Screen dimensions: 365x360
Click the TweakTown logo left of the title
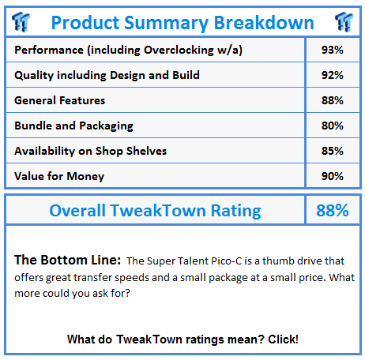(x=21, y=22)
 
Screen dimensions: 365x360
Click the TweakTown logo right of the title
(x=344, y=22)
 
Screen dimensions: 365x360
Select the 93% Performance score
(x=333, y=50)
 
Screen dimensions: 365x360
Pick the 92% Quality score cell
(x=333, y=75)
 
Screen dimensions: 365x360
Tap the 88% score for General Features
(x=333, y=100)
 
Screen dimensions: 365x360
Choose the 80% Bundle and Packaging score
(x=333, y=126)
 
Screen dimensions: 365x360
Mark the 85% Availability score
(x=333, y=151)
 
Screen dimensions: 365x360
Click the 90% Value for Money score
(x=333, y=176)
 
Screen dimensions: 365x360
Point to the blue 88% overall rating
(x=333, y=210)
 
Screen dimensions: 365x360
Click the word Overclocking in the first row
(x=179, y=51)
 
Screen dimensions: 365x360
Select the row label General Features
(x=60, y=100)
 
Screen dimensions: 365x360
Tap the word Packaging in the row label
(x=106, y=126)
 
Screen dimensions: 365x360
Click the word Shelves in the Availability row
(x=146, y=151)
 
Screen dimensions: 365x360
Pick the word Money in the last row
(x=85, y=177)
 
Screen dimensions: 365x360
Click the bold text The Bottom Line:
(x=68, y=260)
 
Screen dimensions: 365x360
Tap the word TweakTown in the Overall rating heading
(x=158, y=210)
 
